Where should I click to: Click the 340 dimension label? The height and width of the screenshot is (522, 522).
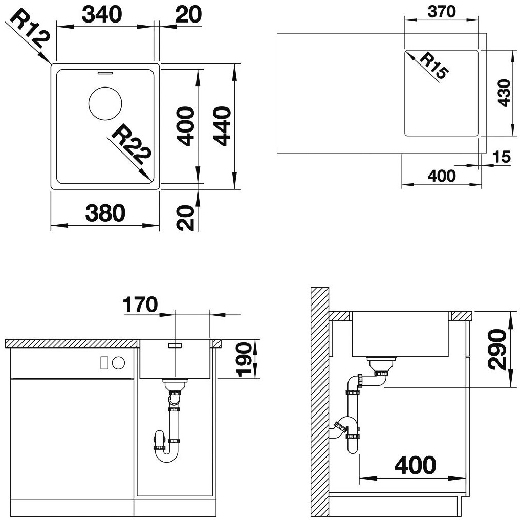pyautogui.click(x=102, y=15)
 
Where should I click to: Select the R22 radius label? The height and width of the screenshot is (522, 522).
pyautogui.click(x=132, y=144)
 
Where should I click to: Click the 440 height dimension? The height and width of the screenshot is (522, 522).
pyautogui.click(x=222, y=126)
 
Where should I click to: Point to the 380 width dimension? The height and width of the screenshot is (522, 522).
pyautogui.click(x=105, y=213)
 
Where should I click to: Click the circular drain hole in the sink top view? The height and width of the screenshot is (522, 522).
pyautogui.click(x=105, y=103)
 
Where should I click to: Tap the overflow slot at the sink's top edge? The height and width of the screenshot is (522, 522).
pyautogui.click(x=105, y=73)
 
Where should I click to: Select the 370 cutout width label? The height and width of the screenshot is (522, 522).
pyautogui.click(x=442, y=12)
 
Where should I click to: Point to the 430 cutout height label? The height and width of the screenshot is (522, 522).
pyautogui.click(x=505, y=93)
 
